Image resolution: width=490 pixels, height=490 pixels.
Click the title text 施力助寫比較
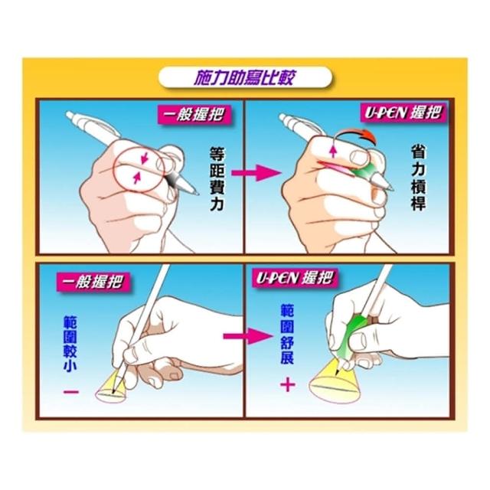coord(244,77)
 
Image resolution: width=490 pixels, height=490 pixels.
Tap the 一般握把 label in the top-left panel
coord(194,115)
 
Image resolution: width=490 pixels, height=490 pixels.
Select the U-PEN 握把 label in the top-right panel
coord(404,113)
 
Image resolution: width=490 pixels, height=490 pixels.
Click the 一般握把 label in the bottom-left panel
coord(93,283)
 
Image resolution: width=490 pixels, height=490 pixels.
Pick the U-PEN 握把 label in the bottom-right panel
coord(294,278)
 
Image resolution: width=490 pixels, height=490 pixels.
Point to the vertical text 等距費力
coord(217,178)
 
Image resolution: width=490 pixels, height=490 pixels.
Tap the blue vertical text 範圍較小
coord(70,344)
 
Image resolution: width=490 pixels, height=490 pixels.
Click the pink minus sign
coord(71,392)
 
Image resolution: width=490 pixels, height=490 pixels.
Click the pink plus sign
coord(288,384)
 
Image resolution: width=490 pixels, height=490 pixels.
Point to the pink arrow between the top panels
coord(255,173)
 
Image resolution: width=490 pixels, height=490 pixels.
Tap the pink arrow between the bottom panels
coord(247,336)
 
